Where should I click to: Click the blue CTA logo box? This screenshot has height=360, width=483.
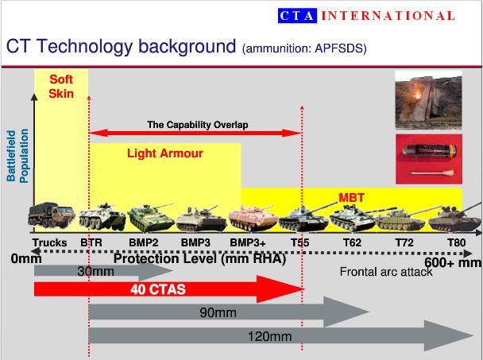[x=297, y=16]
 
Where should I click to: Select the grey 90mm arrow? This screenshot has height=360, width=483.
[x=229, y=312]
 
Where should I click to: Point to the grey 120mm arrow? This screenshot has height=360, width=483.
[x=281, y=335]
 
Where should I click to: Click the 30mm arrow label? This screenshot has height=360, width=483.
[x=96, y=272]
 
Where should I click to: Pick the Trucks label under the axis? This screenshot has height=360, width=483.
[x=49, y=242]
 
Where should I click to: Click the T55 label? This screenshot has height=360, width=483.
[x=300, y=242]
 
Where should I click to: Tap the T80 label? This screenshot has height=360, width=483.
[x=457, y=242]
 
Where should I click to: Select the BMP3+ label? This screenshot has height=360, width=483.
[x=248, y=242]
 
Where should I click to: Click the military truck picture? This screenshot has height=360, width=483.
[x=52, y=215]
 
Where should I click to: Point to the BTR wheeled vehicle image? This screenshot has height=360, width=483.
[x=102, y=217]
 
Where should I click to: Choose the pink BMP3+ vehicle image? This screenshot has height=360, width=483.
[x=253, y=219]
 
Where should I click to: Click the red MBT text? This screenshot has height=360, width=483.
[x=351, y=198]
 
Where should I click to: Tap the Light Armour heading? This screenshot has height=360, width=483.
[x=165, y=153]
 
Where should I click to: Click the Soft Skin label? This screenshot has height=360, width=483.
[x=61, y=87]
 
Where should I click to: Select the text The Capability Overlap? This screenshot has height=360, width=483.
[x=198, y=125]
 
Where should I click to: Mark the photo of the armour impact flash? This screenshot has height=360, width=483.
[x=428, y=99]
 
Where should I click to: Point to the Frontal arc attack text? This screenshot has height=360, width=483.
[x=386, y=272]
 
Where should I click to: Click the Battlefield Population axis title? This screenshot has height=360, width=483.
[x=17, y=156]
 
